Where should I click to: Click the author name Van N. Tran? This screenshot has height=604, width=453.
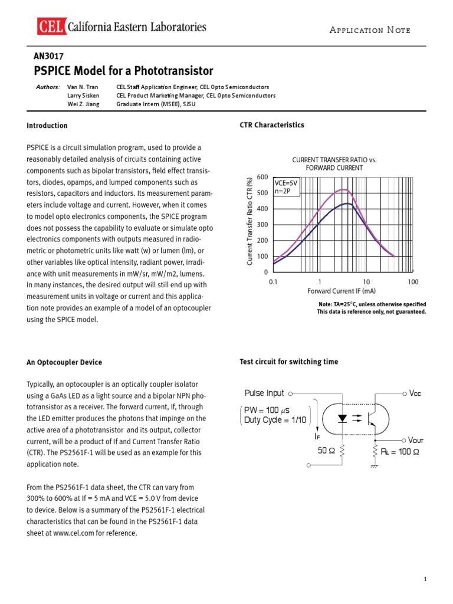pos(82,87)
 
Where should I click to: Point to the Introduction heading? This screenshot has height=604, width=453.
pos(47,126)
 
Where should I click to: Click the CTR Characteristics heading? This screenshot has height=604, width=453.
pos(272,125)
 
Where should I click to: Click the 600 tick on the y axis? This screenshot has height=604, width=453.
pos(262,177)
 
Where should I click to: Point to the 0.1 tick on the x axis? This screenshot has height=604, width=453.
pos(273,282)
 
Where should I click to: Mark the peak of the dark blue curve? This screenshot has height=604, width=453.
pos(348,203)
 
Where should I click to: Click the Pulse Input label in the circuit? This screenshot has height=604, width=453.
pos(264,393)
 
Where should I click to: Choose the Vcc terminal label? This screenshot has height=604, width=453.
pos(416,393)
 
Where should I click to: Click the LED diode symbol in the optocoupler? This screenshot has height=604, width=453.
pos(342,417)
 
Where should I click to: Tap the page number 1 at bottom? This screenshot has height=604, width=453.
pos(425,580)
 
